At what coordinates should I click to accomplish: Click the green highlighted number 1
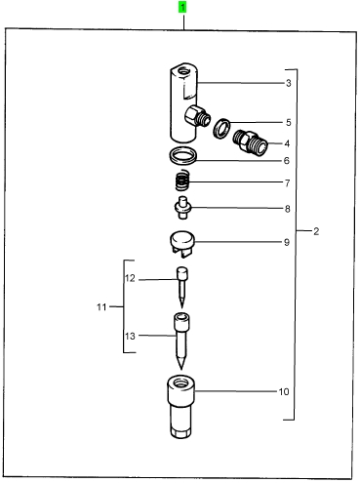[x=182, y=7]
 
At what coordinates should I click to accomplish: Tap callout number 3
[x=289, y=83]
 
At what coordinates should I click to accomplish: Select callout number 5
[x=289, y=123]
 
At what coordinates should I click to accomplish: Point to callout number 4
[x=287, y=143]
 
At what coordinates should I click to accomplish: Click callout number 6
[x=287, y=161]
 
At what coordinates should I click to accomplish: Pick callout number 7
[x=288, y=183]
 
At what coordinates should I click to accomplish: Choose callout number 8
[x=288, y=209]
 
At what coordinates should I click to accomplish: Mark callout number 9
[x=287, y=242]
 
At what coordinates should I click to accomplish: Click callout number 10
[x=284, y=391]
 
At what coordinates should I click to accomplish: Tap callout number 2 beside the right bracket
[x=316, y=231]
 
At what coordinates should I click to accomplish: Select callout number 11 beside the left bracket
[x=101, y=307]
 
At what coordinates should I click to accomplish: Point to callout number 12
[x=130, y=279]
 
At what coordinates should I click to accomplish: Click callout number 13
[x=130, y=336]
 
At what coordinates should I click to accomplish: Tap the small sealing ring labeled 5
[x=221, y=128]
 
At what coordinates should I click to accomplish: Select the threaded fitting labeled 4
[x=250, y=142]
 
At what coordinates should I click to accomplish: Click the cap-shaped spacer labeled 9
[x=182, y=244]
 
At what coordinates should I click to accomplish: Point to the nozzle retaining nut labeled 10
[x=180, y=407]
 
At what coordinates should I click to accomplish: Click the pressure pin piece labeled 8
[x=182, y=207]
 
